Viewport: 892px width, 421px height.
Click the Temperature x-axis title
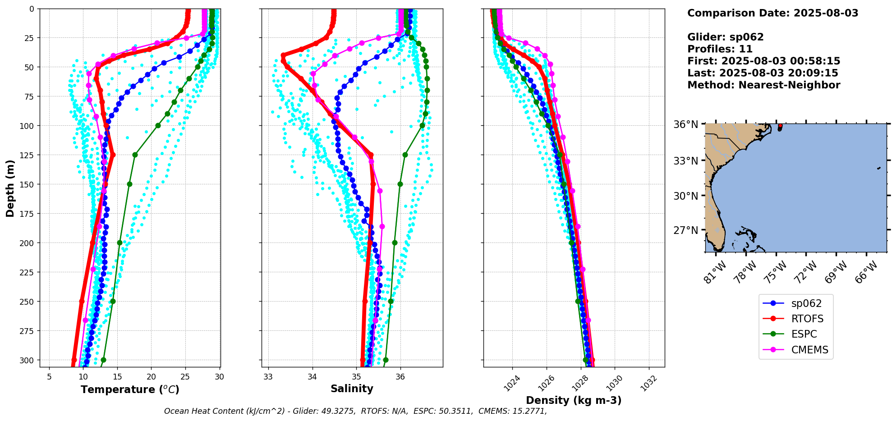(x=130, y=389)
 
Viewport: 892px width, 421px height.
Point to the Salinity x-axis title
(x=352, y=389)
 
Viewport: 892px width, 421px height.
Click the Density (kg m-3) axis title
(x=574, y=400)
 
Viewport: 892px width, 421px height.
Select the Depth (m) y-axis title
(x=10, y=188)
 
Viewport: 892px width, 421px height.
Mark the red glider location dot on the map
(x=780, y=126)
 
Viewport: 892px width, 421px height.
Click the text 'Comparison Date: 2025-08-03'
(x=772, y=13)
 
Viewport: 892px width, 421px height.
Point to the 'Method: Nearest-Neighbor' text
(x=763, y=85)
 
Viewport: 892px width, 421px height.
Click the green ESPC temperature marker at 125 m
(x=135, y=155)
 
